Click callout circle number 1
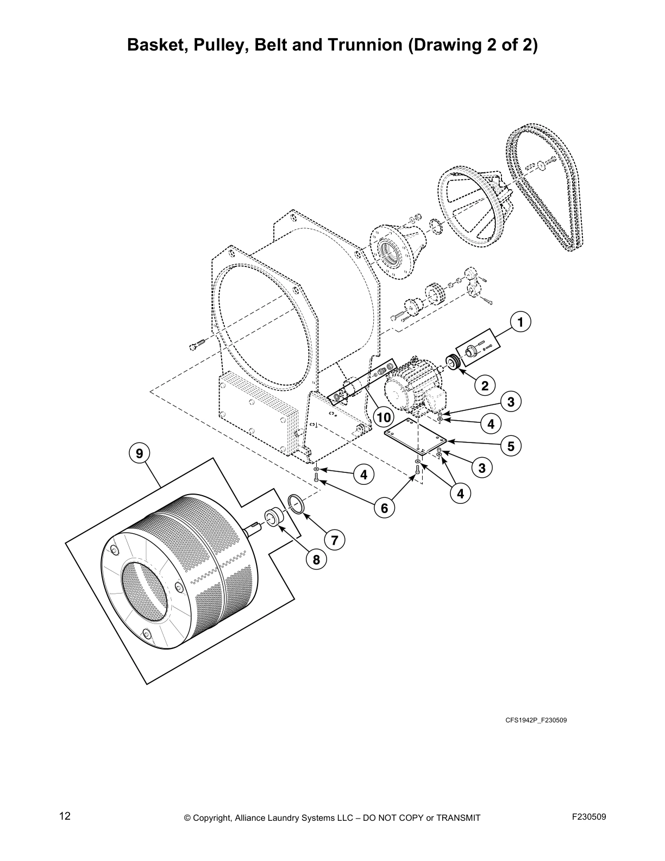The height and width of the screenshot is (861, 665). click(x=520, y=322)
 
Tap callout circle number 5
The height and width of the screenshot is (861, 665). click(x=511, y=446)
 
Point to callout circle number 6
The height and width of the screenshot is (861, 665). click(x=384, y=508)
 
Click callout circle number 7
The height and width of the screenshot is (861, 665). click(x=335, y=540)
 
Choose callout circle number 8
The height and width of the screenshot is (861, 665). click(x=316, y=558)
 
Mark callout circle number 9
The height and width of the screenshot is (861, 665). click(x=140, y=453)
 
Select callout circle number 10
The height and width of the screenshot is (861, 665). click(x=384, y=417)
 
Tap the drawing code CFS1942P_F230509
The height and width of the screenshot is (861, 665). click(x=536, y=721)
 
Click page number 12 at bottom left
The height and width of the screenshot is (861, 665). click(x=65, y=816)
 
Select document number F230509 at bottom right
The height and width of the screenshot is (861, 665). click(x=589, y=816)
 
